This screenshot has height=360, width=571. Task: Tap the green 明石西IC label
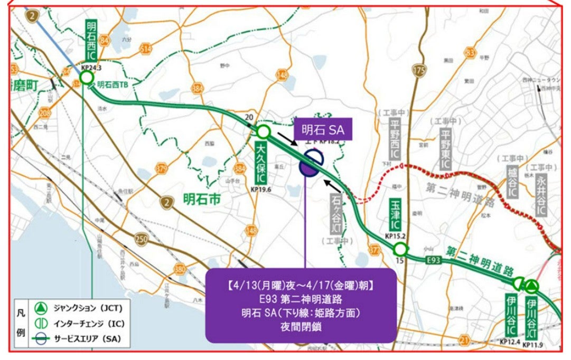90,41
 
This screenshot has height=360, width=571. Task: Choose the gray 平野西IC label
394,139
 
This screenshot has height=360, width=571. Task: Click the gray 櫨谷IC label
511,183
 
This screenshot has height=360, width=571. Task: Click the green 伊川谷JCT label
531,318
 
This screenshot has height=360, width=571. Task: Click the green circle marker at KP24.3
87,79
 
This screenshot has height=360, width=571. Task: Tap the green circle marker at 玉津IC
401,249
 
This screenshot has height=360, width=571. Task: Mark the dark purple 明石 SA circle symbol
310,165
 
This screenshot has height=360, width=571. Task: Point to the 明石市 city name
201,200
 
